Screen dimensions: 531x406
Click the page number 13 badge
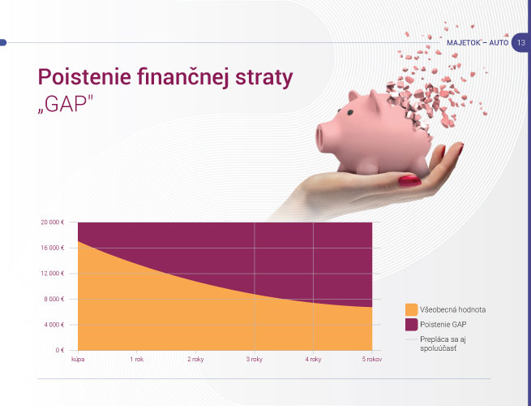coord(520,43)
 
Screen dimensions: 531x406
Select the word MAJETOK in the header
coord(463,43)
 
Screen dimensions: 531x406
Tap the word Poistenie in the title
coord(84,76)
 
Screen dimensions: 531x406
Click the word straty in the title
coord(263,78)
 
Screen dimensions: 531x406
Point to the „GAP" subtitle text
coord(65,103)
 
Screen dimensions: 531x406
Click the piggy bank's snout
coord(323,138)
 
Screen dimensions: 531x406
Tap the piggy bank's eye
coord(350,112)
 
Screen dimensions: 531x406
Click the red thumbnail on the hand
coord(409,181)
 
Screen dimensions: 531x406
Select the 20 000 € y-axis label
coord(53,222)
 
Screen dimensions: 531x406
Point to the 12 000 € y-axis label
coord(53,274)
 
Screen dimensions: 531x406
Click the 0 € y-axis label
coord(60,350)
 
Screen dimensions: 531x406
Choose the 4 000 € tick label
coord(54,325)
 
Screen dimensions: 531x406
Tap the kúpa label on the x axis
coord(78,359)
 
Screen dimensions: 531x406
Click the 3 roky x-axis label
coord(255,359)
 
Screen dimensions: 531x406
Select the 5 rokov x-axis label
coord(372,359)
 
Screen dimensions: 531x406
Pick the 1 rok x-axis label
coord(137,359)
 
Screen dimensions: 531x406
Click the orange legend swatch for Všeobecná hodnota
coord(412,309)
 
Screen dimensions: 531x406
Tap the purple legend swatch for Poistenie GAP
coord(412,325)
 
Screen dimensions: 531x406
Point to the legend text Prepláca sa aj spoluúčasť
coord(443,343)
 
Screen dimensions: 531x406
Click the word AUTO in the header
coord(499,43)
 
